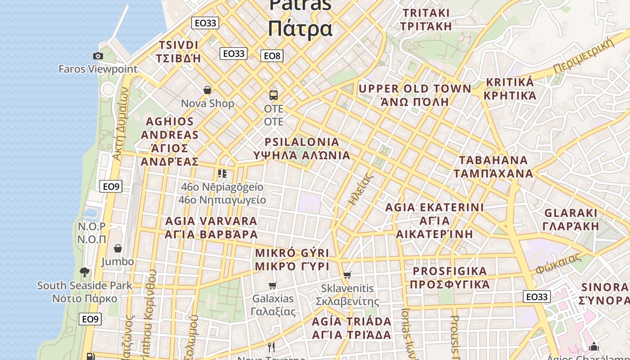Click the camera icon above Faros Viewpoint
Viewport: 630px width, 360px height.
tap(98, 56)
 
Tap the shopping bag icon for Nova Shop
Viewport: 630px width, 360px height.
tap(207, 90)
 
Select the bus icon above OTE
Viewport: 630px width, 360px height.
tap(274, 95)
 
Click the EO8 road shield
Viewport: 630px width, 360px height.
tap(272, 56)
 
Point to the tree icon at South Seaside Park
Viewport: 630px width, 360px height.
tap(84, 272)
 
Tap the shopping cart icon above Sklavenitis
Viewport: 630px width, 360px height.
tap(347, 275)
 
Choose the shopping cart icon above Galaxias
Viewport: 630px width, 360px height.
tap(272, 285)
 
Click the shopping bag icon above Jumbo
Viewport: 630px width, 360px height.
tap(117, 248)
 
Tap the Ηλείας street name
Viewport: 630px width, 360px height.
tap(361, 189)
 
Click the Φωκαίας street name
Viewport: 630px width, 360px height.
tap(558, 264)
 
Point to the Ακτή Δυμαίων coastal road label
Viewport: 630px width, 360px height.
tap(120, 124)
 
